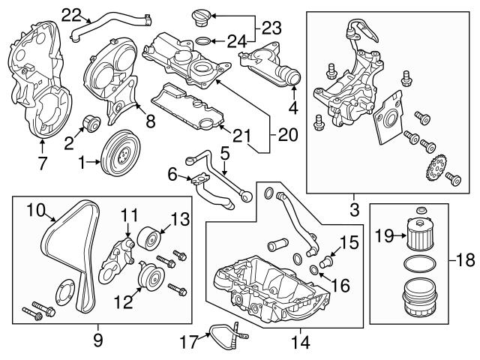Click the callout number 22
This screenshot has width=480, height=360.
70,13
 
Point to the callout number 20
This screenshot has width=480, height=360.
287,136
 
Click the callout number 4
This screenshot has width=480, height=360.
294,107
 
